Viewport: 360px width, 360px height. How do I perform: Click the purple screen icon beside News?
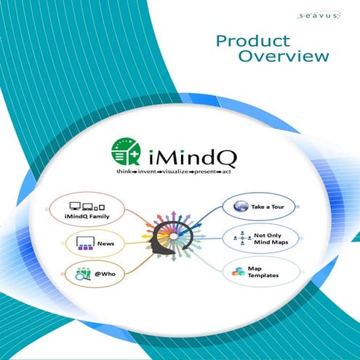[81, 244]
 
